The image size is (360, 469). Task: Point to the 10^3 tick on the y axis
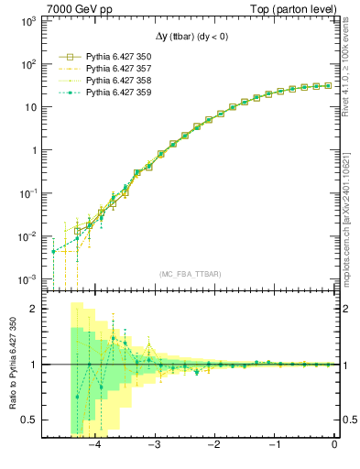click(x=27, y=20)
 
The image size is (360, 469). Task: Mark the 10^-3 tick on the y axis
click(x=27, y=278)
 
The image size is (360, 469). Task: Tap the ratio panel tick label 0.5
click(x=29, y=420)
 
